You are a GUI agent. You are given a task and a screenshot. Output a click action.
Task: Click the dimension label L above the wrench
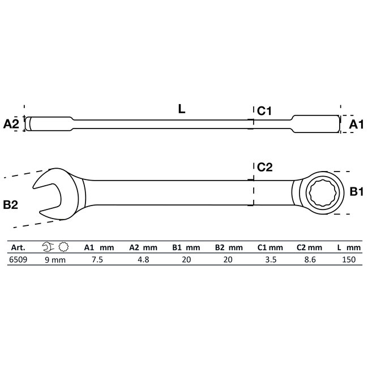click(181, 110)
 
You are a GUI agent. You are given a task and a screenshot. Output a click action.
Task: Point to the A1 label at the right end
click(356, 124)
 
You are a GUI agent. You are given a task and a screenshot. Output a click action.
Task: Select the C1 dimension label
click(265, 112)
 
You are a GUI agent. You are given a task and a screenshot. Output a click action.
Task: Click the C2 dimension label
click(265, 167)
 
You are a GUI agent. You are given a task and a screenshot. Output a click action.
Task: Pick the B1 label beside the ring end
click(356, 192)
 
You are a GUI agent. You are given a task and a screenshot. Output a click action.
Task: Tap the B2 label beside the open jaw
click(11, 205)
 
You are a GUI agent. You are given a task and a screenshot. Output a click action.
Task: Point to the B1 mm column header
click(186, 247)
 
